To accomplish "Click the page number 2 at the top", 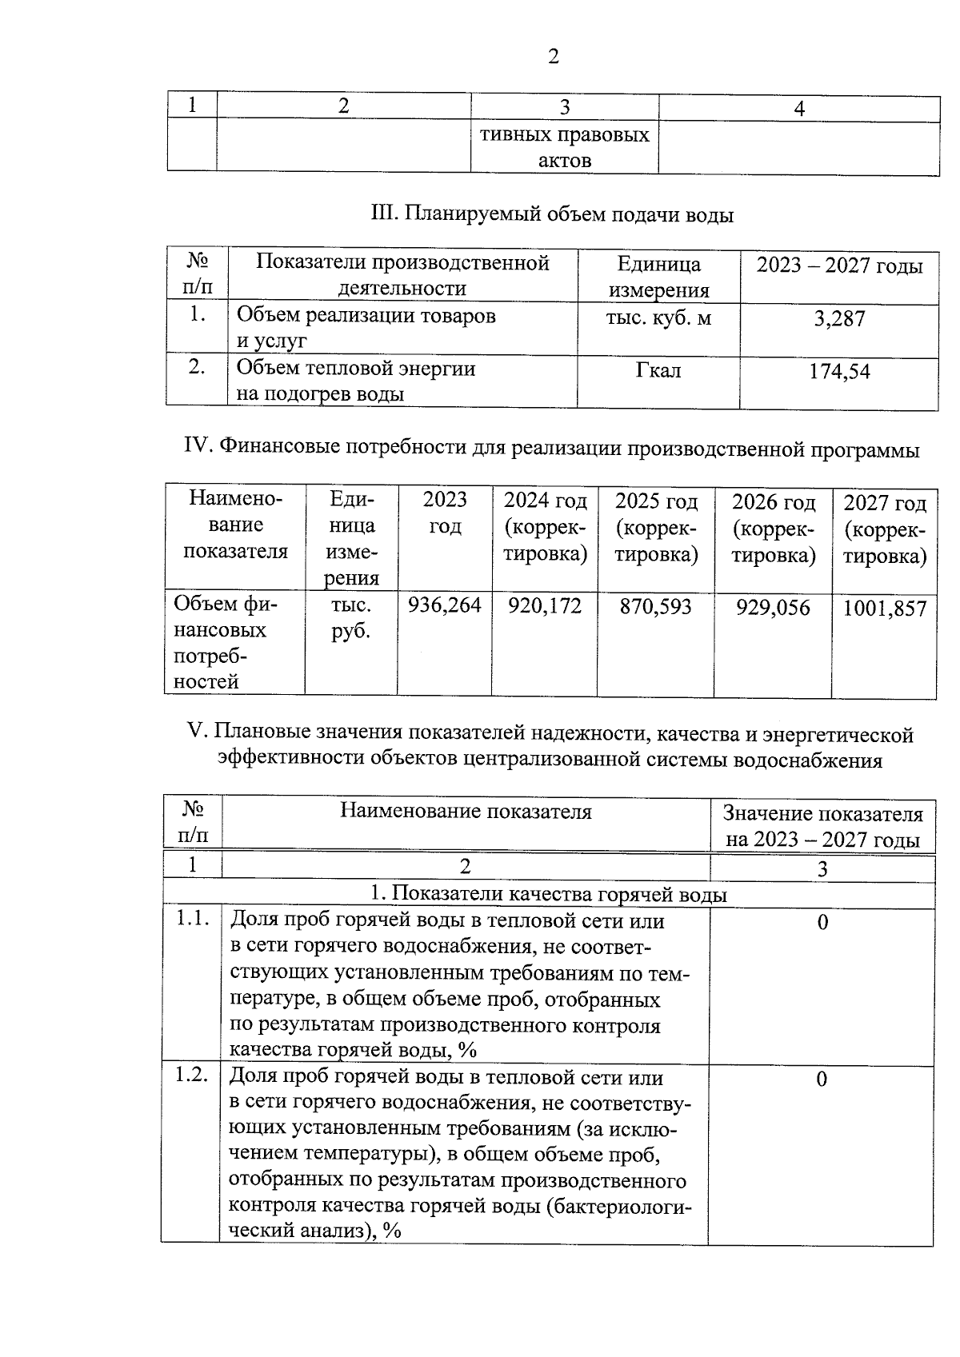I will (553, 57).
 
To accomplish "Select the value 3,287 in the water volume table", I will (839, 319).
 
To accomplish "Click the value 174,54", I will (839, 372).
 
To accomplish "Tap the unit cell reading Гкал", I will (658, 370).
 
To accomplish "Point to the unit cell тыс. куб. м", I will (658, 317).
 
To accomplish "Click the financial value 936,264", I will (445, 605).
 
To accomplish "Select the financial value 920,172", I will (545, 606).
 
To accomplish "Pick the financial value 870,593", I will (655, 607).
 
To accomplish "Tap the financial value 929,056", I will (773, 608).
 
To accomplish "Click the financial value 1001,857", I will (885, 609).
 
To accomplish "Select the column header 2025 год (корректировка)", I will (656, 528).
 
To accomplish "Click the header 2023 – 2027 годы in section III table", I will (839, 265).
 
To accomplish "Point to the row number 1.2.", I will (192, 1075).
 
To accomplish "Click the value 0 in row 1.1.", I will (822, 923).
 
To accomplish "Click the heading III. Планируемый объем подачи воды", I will (552, 214).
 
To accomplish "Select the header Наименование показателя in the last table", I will (466, 812).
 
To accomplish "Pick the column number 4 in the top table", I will (798, 109).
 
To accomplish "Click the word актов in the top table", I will (565, 160).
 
